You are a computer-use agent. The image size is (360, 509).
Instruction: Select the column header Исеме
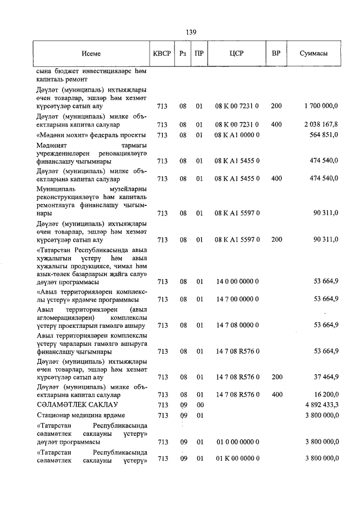tap(91, 53)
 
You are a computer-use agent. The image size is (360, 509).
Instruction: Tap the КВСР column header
tap(160, 53)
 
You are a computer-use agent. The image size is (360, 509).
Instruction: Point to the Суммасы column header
tap(313, 53)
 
